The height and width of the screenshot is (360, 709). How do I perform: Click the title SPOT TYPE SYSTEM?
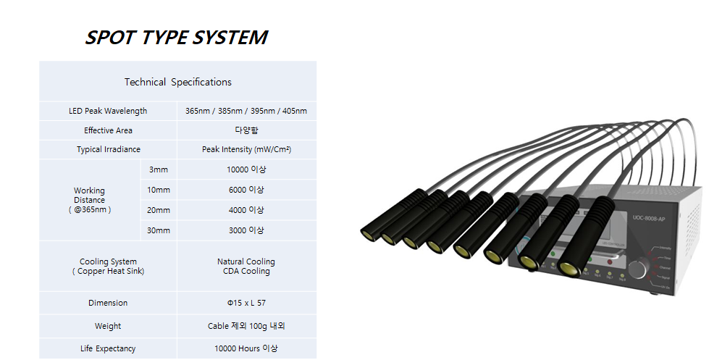click(x=176, y=38)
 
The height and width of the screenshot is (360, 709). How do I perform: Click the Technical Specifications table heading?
click(x=177, y=82)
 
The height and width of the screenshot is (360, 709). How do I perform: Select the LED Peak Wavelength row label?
click(x=108, y=111)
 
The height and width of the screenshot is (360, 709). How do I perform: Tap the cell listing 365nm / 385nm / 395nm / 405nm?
click(x=246, y=111)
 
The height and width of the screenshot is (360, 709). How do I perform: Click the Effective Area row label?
click(x=108, y=130)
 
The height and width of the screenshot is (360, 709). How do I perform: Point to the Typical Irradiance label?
click(x=108, y=149)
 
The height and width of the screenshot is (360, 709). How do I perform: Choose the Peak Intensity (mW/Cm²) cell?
click(x=246, y=149)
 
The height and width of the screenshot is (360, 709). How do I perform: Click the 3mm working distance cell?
click(x=158, y=169)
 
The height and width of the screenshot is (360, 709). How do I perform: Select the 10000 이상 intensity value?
click(x=246, y=169)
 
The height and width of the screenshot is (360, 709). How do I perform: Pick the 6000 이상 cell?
click(x=246, y=190)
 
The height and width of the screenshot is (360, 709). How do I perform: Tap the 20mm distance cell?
click(x=158, y=210)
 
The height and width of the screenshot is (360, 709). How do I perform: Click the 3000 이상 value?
click(x=246, y=230)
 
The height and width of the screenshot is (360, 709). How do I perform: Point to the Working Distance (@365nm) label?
click(x=89, y=200)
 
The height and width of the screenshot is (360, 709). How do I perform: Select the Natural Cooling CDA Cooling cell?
click(x=246, y=267)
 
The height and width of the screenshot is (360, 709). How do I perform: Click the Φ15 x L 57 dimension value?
click(x=246, y=303)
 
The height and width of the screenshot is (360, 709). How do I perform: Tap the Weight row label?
click(x=108, y=326)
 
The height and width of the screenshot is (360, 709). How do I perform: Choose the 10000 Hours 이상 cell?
click(x=246, y=348)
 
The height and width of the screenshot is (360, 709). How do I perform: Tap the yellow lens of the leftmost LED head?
click(x=367, y=233)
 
